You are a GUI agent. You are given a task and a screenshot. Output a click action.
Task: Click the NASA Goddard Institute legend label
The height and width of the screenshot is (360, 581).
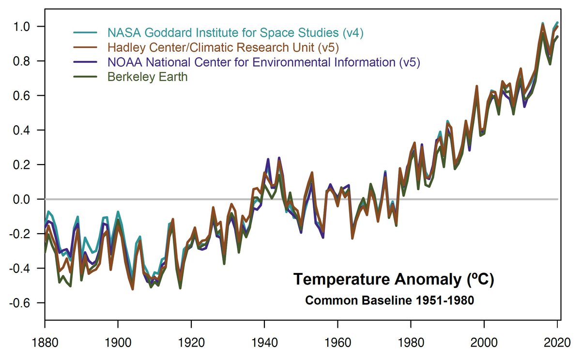point(223,33)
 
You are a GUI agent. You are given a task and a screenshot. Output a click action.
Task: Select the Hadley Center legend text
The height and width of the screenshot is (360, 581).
point(223,47)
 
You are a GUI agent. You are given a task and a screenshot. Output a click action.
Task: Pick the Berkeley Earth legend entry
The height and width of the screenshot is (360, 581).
point(147,76)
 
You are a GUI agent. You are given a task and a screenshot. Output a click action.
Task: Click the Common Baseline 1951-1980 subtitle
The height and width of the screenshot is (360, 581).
point(389,300)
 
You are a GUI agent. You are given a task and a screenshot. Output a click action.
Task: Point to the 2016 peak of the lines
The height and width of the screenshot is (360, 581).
point(542,24)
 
